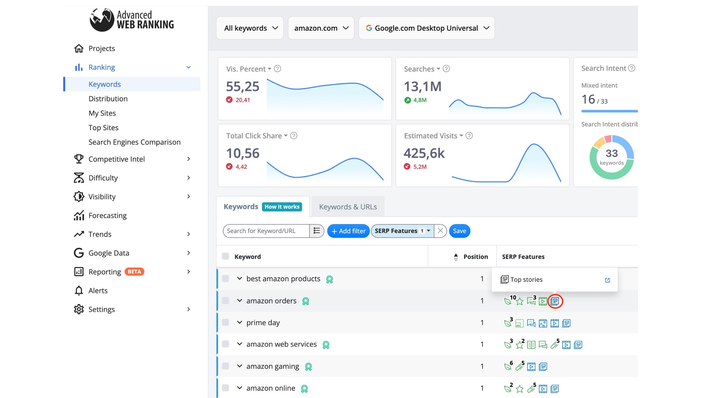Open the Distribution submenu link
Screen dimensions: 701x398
108,99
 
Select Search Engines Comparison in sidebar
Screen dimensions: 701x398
134,142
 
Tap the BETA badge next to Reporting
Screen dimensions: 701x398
134,272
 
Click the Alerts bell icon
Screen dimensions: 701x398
79,291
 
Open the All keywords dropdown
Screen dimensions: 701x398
250,28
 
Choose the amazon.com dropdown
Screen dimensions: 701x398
321,28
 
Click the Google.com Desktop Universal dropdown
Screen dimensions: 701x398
427,28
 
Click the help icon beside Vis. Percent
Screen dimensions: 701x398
277,69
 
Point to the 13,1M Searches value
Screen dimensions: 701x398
423,86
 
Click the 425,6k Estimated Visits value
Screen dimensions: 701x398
424,153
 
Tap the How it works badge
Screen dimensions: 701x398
282,207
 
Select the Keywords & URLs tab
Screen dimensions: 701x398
348,207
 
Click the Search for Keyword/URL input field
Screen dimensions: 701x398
266,231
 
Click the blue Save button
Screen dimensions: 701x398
459,231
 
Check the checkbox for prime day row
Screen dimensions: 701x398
225,322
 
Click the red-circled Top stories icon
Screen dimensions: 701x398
555,301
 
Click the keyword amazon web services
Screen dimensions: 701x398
282,344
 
